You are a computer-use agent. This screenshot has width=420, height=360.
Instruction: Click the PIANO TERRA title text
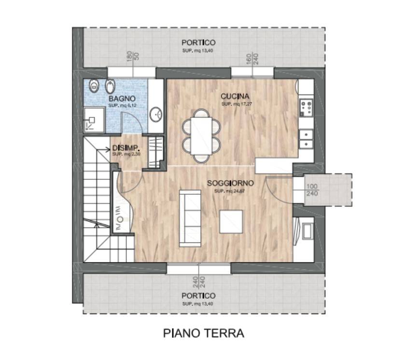[203, 333]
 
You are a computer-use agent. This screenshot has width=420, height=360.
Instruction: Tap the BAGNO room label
[118, 99]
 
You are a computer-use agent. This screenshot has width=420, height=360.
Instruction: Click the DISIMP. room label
[126, 148]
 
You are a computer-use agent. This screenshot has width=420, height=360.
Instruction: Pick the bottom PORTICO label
[198, 295]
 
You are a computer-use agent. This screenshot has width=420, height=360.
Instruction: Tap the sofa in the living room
[190, 217]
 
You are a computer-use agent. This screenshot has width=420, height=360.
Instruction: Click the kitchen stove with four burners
[306, 108]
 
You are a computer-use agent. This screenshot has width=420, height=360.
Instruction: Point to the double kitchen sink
[306, 139]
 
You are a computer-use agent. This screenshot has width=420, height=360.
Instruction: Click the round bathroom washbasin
[155, 114]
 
